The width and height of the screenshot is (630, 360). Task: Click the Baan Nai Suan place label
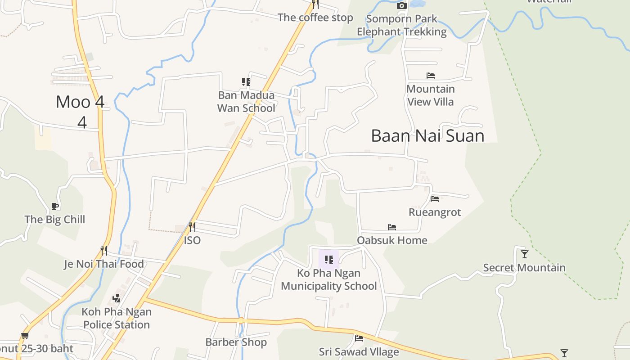click(x=427, y=136)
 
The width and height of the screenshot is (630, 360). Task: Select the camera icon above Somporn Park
click(x=402, y=5)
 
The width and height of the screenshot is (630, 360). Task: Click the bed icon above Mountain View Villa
click(x=431, y=76)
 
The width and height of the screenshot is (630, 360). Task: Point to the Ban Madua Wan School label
click(x=246, y=102)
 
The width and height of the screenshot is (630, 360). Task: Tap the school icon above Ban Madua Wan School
click(x=246, y=82)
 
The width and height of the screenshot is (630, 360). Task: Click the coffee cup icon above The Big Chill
click(x=55, y=207)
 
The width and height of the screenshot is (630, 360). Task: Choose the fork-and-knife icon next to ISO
click(x=192, y=227)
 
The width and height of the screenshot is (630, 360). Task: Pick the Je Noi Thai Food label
click(x=104, y=264)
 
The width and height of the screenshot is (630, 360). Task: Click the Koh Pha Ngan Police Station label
click(x=117, y=318)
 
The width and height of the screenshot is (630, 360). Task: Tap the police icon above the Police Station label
click(x=117, y=298)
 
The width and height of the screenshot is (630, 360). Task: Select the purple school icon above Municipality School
click(x=329, y=260)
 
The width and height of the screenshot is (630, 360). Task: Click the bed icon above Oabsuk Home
click(x=392, y=227)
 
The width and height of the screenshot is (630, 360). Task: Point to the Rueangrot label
click(x=435, y=212)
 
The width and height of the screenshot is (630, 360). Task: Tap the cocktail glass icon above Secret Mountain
click(x=524, y=254)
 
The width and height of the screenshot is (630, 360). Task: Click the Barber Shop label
click(x=236, y=342)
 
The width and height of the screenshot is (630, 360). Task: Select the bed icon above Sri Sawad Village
click(x=359, y=338)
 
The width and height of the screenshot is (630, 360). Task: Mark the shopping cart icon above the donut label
click(x=25, y=336)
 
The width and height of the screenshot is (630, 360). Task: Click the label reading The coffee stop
click(x=315, y=18)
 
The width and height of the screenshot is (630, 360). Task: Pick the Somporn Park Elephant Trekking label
click(x=401, y=25)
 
